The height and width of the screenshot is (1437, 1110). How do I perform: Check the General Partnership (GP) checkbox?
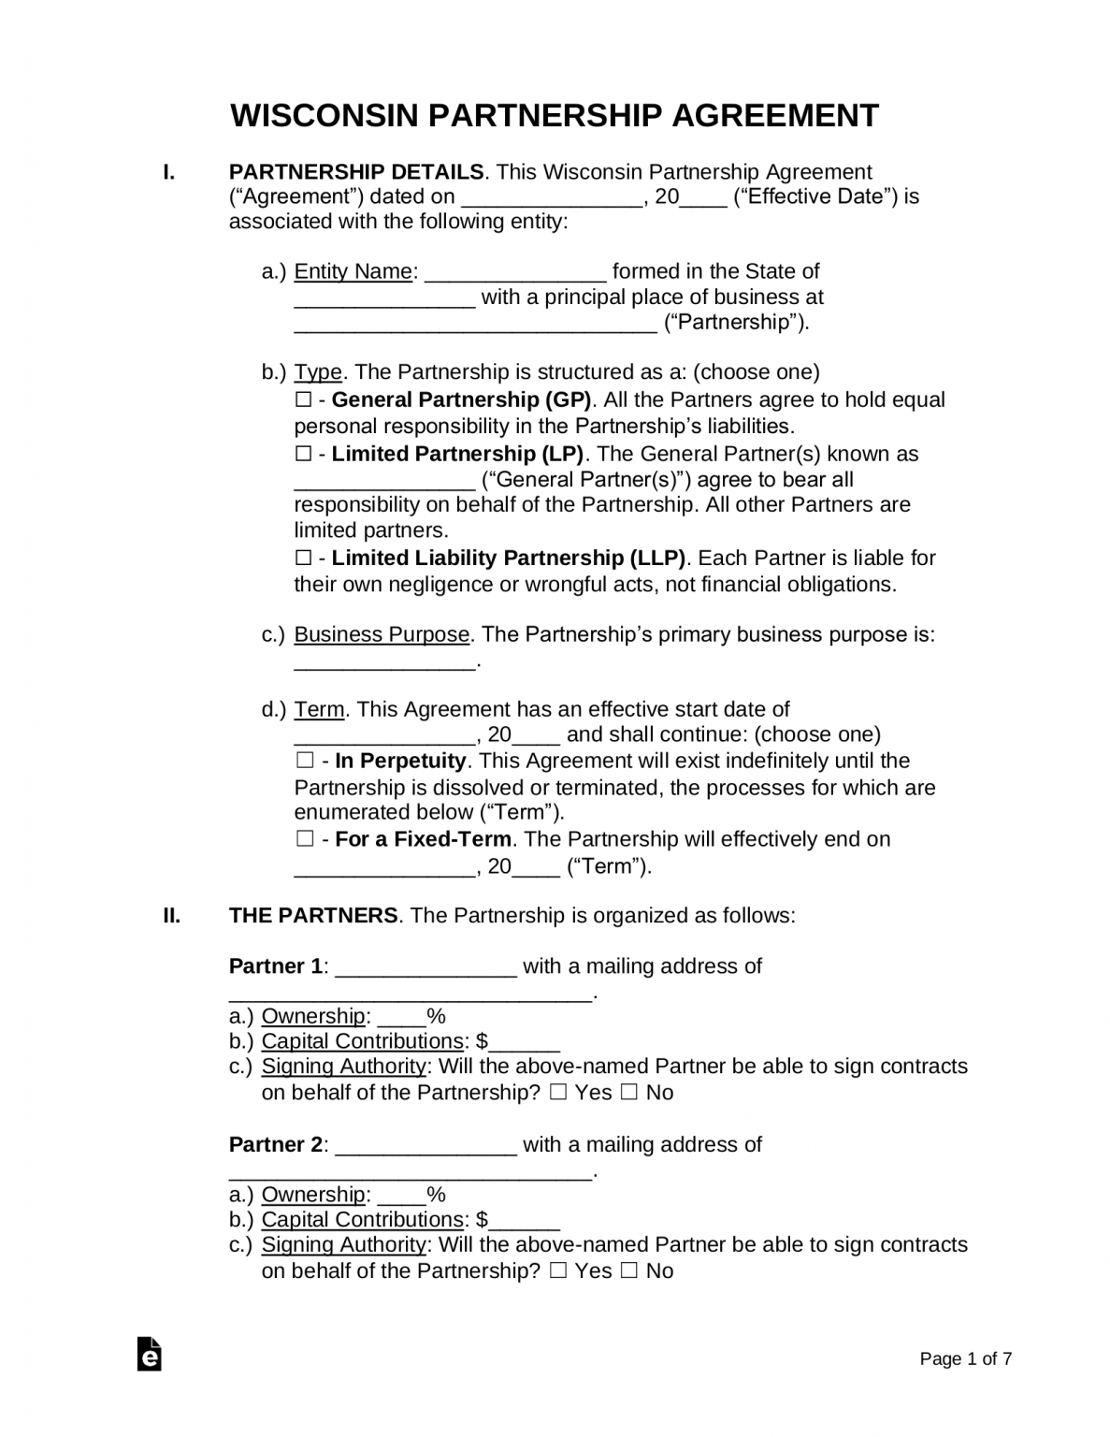[303, 400]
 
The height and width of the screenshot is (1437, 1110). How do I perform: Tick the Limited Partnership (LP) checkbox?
[303, 455]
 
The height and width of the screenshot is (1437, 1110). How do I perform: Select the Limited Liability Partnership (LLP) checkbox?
[303, 559]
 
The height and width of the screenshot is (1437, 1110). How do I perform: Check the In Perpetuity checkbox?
[305, 761]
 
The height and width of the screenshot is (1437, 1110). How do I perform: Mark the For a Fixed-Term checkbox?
[305, 839]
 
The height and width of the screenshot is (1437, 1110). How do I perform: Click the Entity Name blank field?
[515, 273]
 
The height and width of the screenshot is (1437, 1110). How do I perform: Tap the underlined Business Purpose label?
[382, 634]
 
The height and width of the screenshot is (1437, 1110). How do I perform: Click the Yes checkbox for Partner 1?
[558, 1092]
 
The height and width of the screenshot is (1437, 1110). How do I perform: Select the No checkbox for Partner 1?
[628, 1092]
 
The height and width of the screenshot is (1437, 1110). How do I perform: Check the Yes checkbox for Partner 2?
[558, 1270]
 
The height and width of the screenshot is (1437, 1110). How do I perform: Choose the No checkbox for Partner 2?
[628, 1270]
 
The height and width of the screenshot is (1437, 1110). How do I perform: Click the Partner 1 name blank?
[425, 967]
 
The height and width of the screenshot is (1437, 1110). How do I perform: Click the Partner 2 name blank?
[425, 1146]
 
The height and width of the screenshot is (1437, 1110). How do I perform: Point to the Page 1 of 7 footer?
[965, 1358]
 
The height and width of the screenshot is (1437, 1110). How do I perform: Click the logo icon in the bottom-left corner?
[150, 1355]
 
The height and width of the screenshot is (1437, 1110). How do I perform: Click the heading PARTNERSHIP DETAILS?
[356, 172]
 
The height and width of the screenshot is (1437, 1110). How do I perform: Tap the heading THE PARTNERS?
[313, 915]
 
